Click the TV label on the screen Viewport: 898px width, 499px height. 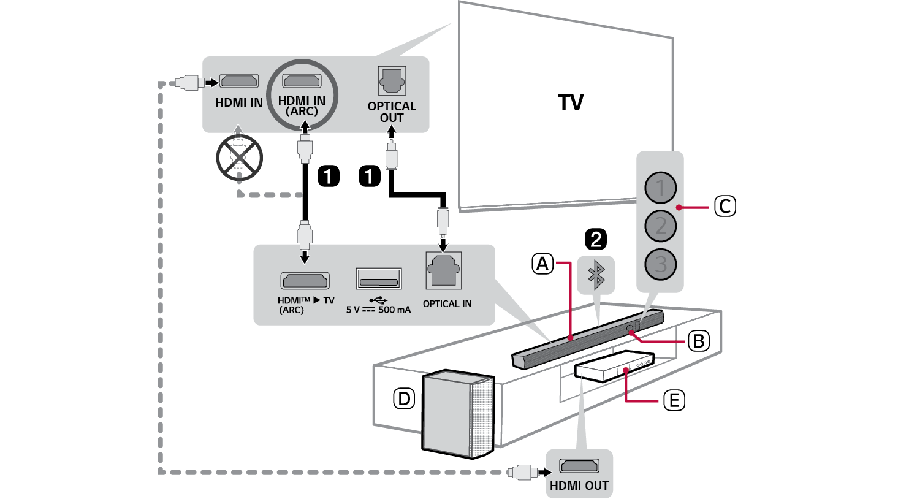571,102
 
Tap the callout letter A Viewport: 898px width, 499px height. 542,264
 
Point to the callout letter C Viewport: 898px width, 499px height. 725,206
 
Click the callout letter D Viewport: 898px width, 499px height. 404,398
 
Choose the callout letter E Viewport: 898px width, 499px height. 674,400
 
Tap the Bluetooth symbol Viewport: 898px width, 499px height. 596,275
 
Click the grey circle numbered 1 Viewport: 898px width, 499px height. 660,188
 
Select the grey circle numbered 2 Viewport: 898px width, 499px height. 660,226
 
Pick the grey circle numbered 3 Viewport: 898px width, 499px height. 660,264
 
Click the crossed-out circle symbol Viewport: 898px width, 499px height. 239,158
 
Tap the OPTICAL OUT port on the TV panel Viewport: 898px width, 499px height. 392,81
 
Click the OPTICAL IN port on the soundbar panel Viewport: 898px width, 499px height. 444,270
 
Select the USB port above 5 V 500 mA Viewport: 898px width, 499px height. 379,279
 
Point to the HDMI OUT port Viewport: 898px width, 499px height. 579,466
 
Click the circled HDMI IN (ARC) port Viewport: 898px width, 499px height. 302,81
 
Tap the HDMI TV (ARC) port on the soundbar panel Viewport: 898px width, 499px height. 305,281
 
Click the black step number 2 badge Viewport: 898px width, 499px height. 596,238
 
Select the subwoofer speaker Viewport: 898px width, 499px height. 457,414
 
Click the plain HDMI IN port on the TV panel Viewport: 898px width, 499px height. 238,81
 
